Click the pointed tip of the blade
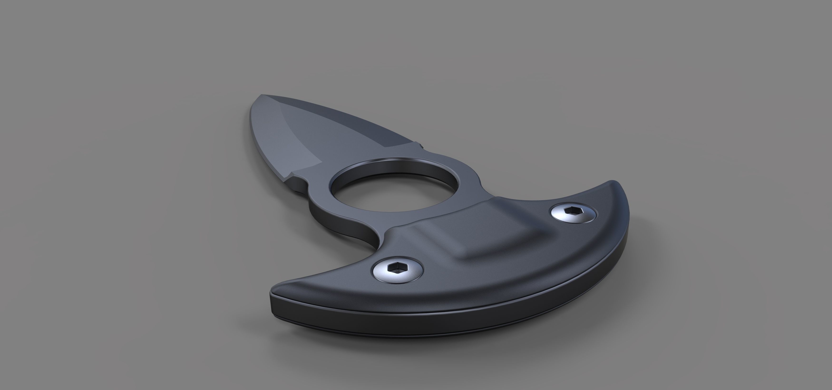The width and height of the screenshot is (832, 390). pos(261,95)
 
